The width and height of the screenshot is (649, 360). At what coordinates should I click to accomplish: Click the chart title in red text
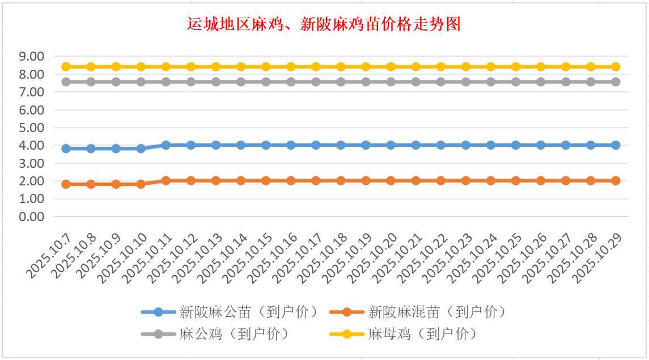click(324, 25)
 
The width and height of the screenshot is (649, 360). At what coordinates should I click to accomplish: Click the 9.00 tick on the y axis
click(31, 56)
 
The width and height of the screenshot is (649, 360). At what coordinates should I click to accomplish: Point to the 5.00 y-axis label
click(31, 128)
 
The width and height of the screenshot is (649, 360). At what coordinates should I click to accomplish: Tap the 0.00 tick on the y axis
click(31, 217)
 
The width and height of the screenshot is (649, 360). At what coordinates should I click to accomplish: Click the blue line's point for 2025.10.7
click(66, 149)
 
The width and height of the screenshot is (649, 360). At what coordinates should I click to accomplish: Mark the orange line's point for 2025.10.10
click(141, 184)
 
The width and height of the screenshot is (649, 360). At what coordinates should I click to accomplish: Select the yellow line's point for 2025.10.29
click(616, 66)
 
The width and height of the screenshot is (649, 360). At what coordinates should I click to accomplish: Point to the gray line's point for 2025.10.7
click(66, 82)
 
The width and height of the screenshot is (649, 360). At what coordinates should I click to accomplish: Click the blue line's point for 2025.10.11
click(166, 145)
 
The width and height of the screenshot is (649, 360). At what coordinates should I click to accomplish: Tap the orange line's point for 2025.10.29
click(616, 181)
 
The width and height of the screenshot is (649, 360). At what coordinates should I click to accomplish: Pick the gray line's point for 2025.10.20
click(391, 82)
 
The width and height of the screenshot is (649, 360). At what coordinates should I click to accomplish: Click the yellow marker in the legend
click(347, 334)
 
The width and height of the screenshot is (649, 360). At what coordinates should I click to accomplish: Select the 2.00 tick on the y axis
click(31, 181)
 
